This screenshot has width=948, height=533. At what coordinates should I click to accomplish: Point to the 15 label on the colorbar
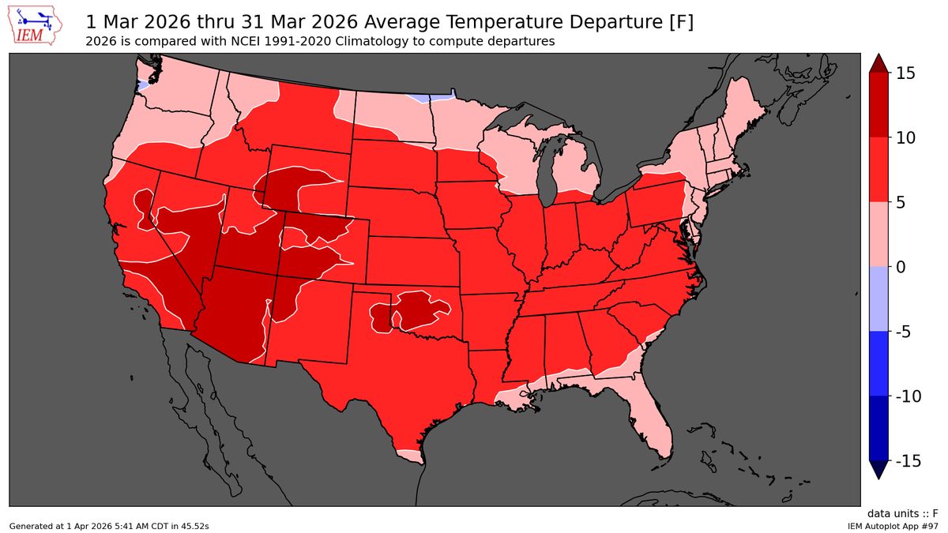point(905,73)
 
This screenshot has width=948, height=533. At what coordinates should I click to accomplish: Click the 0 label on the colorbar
point(900,268)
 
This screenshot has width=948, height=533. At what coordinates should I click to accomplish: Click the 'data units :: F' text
point(902,513)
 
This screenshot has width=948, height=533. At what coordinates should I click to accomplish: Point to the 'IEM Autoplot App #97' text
point(893,526)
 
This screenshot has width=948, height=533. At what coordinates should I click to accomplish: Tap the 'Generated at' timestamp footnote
point(109,526)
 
